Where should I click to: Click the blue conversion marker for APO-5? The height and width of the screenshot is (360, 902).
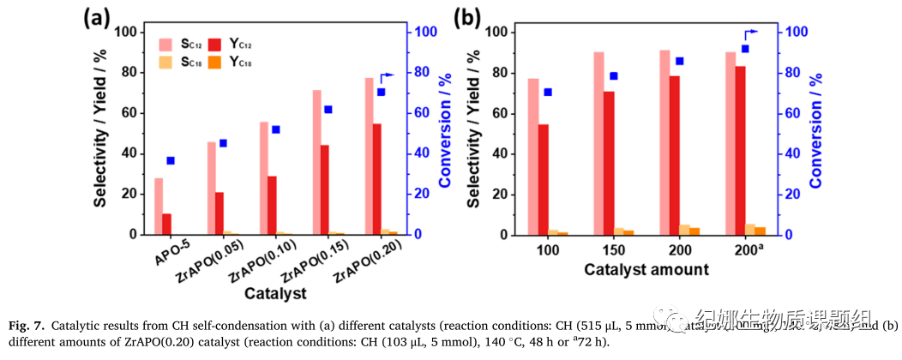(170, 160)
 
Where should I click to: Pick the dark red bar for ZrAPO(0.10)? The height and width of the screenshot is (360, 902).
(272, 205)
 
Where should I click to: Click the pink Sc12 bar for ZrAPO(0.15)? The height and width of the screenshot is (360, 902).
(316, 162)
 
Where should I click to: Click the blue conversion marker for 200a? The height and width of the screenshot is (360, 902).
(745, 49)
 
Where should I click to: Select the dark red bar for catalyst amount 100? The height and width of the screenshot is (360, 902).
(543, 179)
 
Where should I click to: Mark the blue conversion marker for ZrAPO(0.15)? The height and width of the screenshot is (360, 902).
(327, 109)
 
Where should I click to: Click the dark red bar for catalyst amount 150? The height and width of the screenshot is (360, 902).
(609, 163)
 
